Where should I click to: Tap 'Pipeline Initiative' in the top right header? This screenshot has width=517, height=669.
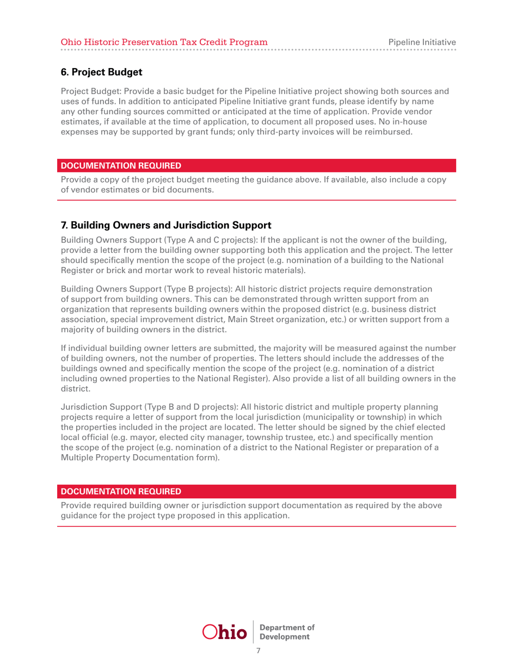pos(422,41)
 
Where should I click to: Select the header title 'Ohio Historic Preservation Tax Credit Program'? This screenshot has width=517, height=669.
pos(163,41)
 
